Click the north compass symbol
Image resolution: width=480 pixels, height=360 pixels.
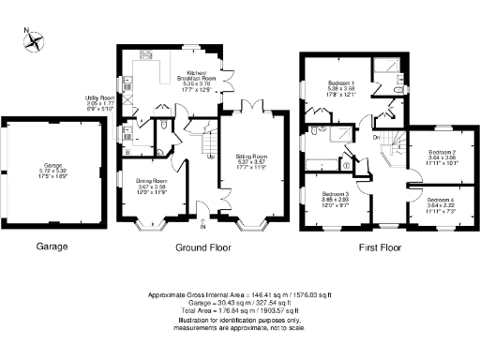[x=36, y=41]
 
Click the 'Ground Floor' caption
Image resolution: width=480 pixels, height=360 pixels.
[x=202, y=249]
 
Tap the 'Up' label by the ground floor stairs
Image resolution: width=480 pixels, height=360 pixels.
[x=211, y=156]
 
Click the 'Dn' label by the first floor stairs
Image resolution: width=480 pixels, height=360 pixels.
[x=376, y=138]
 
